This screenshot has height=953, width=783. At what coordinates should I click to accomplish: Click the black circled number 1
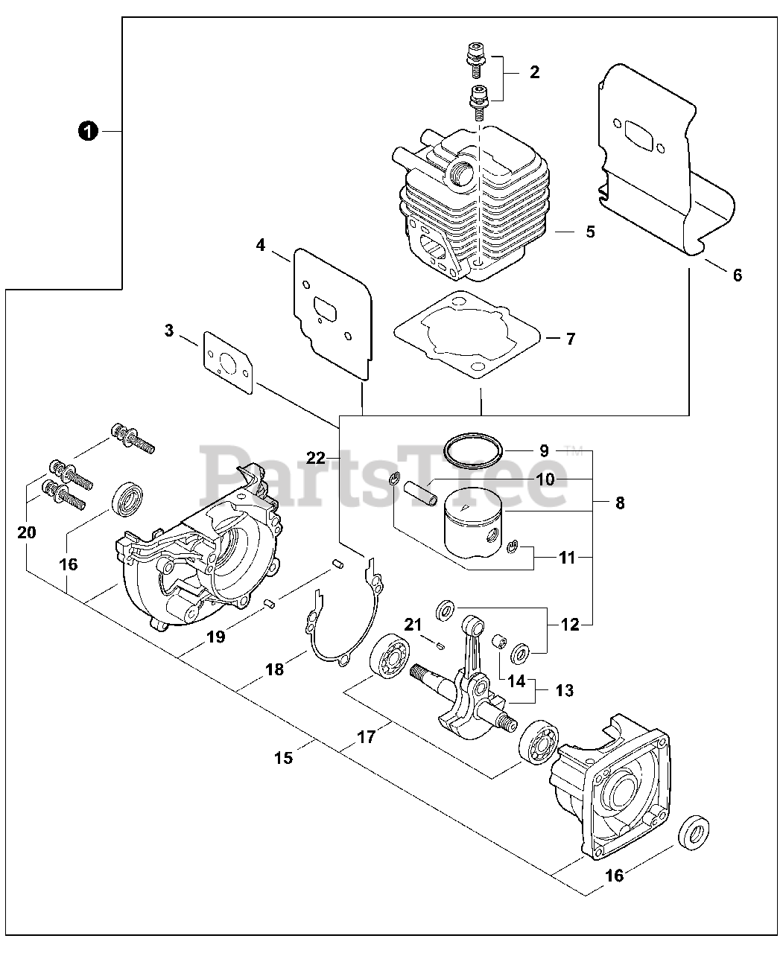click(x=88, y=131)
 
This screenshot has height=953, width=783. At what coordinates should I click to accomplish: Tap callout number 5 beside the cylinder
click(x=590, y=232)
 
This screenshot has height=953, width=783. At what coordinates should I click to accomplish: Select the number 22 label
click(x=316, y=458)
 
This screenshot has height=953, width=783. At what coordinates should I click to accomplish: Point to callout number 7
click(x=570, y=339)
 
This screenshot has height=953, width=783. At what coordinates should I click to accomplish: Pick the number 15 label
click(x=283, y=758)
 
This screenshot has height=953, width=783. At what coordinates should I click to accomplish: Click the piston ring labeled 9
click(x=472, y=449)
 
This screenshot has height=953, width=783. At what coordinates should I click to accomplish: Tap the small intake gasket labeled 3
click(x=226, y=363)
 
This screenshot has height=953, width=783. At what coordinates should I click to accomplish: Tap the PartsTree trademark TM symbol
click(x=572, y=450)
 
